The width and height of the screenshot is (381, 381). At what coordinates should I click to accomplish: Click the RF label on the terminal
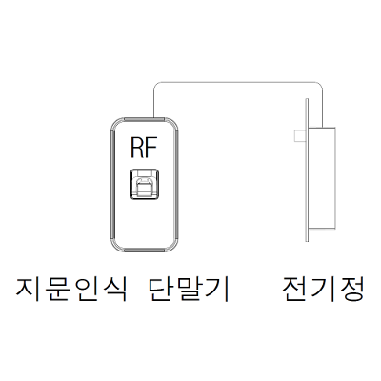[144, 148]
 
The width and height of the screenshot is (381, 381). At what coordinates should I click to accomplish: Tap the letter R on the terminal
[137, 148]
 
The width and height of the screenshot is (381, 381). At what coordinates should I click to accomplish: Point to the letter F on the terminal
[151, 148]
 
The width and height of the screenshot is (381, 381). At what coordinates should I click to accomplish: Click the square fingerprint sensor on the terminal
[145, 185]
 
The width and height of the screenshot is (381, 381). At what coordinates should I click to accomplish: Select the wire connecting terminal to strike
[238, 82]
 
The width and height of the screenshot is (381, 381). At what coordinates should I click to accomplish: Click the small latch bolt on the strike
[300, 136]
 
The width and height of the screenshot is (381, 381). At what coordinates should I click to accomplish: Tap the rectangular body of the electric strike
[322, 177]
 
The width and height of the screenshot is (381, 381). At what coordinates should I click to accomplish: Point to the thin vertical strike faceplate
[307, 170]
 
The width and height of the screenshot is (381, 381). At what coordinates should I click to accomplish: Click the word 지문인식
[71, 290]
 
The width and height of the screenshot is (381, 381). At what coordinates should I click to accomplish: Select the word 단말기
[189, 290]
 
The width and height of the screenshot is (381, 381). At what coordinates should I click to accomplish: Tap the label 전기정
[323, 290]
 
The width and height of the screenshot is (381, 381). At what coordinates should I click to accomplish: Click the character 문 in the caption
[57, 290]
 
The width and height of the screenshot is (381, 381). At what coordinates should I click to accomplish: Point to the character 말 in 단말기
[189, 290]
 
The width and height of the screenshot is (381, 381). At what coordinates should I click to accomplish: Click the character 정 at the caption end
[351, 290]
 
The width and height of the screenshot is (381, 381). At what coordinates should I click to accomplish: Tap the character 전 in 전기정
[295, 290]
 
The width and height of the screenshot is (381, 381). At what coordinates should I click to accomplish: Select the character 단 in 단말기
[161, 290]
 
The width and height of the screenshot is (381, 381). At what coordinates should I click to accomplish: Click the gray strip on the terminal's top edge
[145, 119]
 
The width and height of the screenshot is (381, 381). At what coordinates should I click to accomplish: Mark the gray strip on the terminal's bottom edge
[145, 251]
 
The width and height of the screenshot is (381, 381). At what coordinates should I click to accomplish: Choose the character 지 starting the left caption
[29, 290]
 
